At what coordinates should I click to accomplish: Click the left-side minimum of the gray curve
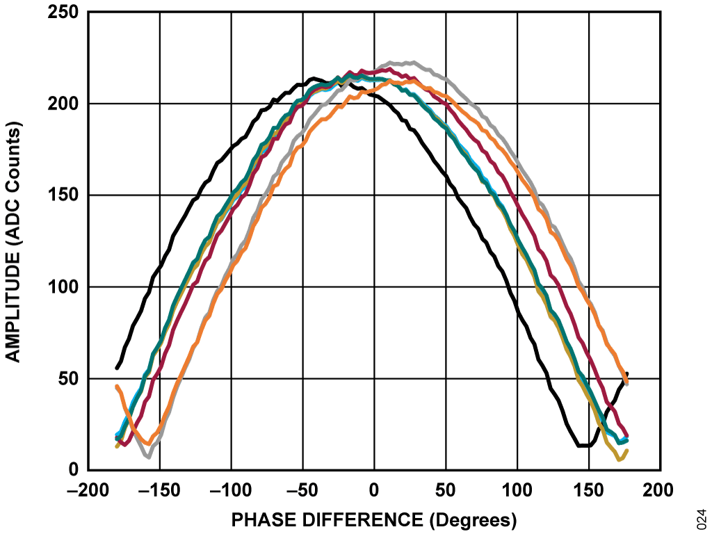pos(148,457)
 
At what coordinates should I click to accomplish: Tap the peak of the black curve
pos(314,79)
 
